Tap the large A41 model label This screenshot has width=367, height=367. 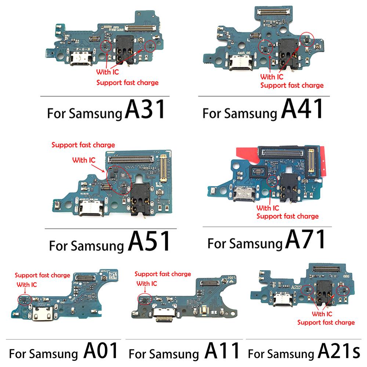pos(303,109)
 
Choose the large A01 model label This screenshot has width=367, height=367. pos(101,351)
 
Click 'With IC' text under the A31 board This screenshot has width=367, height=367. pos(108,72)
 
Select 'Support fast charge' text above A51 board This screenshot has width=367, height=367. pos(83,145)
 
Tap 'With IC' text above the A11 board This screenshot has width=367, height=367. pos(147,283)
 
